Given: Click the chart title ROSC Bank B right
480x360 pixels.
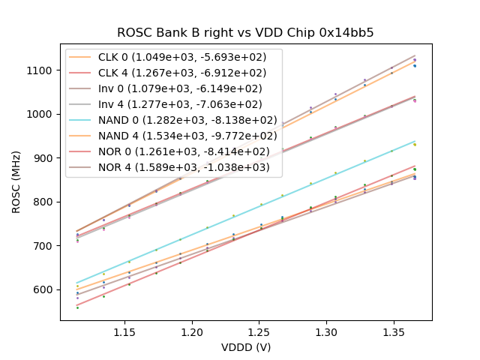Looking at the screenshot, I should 245,33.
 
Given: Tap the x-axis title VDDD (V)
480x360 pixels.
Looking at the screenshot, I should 245,347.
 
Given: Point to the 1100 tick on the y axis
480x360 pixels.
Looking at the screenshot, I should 41,70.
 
